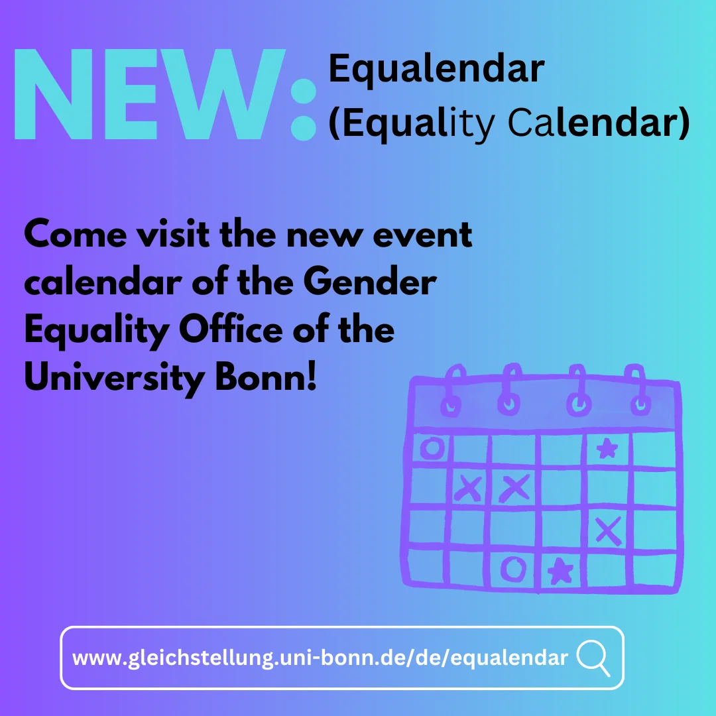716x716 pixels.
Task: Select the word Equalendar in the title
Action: [436, 70]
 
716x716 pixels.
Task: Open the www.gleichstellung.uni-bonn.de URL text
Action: [320, 658]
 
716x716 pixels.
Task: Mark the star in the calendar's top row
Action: [606, 450]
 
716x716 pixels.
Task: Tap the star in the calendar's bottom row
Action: [561, 571]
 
